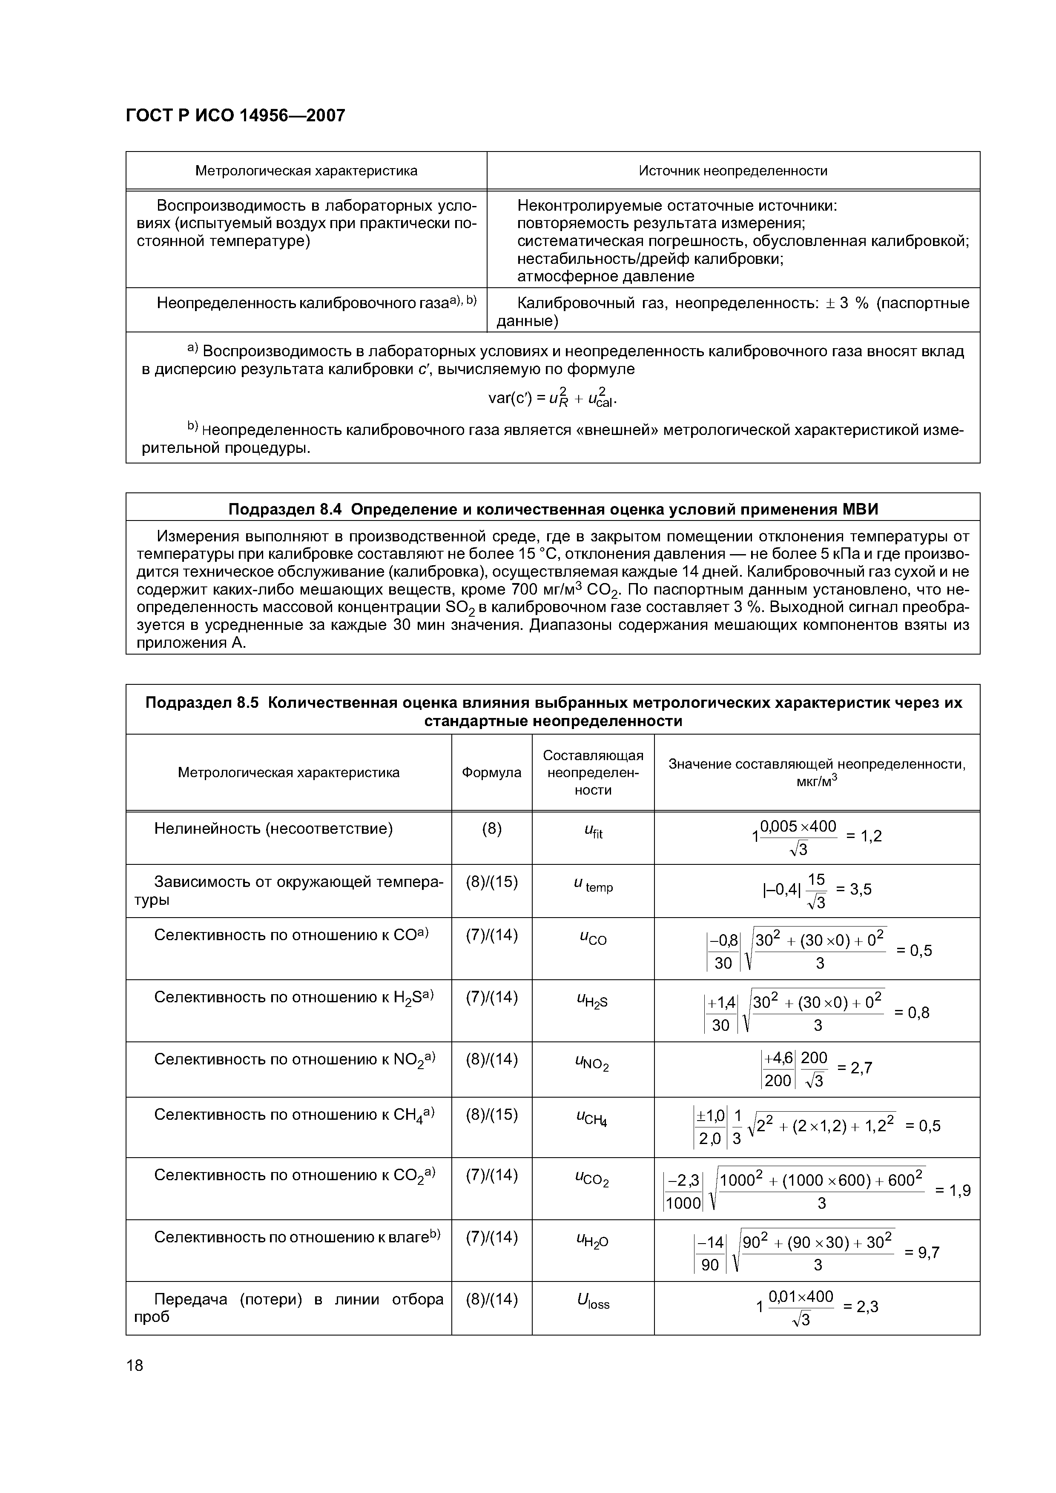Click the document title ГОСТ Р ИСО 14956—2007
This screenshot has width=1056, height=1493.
pyautogui.click(x=235, y=116)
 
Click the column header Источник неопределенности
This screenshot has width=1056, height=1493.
pyautogui.click(x=733, y=171)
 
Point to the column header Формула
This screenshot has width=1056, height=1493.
pyautogui.click(x=491, y=772)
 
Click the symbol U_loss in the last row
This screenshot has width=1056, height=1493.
pyautogui.click(x=593, y=1301)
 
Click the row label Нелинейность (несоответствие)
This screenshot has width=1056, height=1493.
pyautogui.click(x=273, y=829)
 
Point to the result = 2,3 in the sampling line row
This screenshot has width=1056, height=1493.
pyautogui.click(x=860, y=1307)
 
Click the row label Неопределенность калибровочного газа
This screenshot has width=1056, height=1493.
pyautogui.click(x=316, y=303)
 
